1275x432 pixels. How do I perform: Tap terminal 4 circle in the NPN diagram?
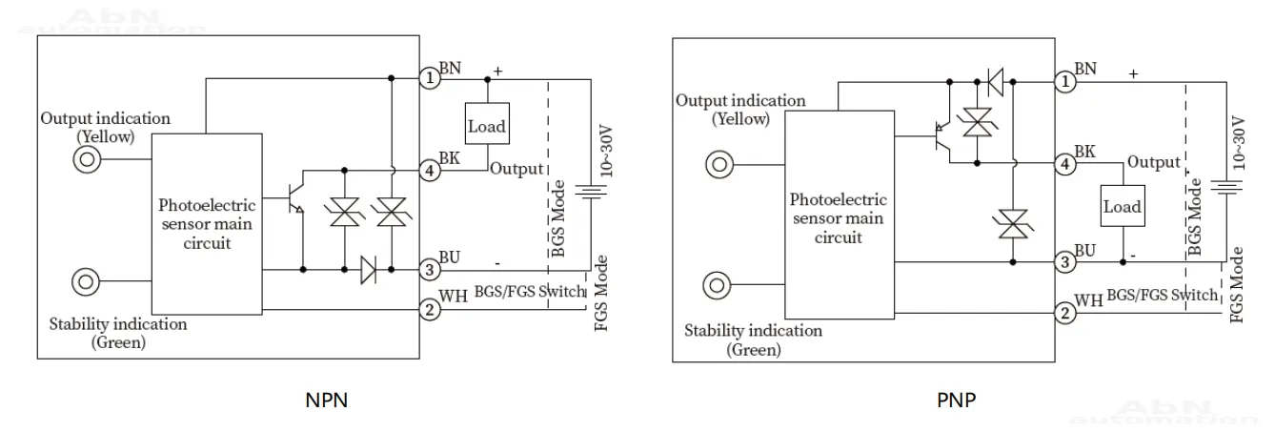(x=431, y=171)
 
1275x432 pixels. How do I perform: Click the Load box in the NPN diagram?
(x=487, y=126)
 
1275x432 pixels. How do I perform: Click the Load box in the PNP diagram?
(x=1121, y=206)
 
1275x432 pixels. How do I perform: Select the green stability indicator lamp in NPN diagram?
(x=87, y=283)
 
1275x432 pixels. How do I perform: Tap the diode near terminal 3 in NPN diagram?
(x=369, y=270)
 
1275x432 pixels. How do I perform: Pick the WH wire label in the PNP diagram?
(x=1087, y=301)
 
